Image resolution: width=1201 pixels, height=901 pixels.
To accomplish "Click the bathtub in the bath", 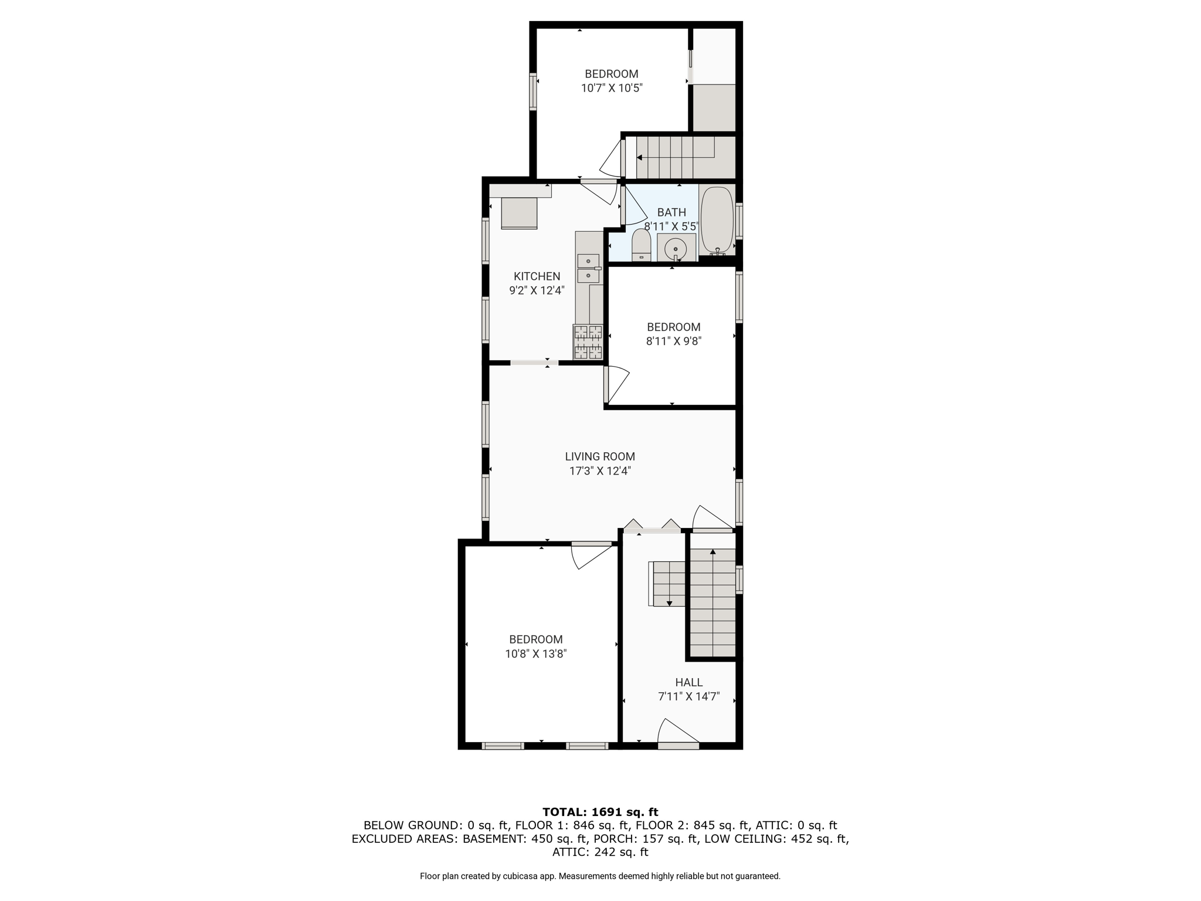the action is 717,220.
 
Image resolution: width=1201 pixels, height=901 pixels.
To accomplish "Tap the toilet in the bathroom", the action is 642,245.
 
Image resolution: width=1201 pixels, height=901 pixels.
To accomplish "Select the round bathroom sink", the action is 676,249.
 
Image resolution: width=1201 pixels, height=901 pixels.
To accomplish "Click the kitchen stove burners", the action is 588,341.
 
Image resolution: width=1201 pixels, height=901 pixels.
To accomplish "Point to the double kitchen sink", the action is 589,268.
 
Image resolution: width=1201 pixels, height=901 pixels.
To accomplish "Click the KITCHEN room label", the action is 537,276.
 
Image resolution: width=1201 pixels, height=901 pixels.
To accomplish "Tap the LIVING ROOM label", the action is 600,456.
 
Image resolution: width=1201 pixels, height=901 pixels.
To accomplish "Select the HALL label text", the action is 688,682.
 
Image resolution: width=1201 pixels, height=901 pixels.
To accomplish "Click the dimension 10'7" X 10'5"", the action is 612,88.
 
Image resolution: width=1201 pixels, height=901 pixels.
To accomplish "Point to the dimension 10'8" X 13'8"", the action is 536,653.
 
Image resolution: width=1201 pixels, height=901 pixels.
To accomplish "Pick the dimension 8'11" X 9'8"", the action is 674,341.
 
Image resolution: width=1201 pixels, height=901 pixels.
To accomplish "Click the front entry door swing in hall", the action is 678,733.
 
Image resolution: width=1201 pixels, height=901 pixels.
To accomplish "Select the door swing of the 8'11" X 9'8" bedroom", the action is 616,384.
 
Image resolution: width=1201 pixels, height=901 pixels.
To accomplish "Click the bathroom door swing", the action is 633,205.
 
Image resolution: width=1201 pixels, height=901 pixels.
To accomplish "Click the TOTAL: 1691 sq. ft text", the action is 600,812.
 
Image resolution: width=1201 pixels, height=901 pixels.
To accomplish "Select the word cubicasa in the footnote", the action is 520,876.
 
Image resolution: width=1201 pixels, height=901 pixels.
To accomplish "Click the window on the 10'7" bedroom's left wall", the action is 533,92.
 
